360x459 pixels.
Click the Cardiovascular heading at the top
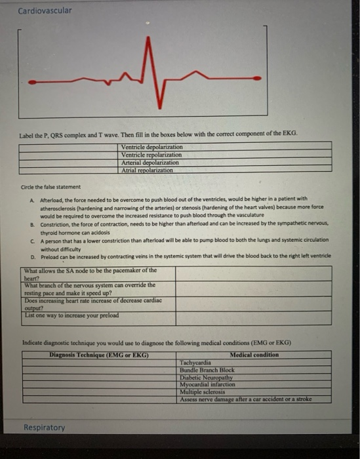coord(45,10)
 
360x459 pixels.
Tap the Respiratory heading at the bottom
coord(44,427)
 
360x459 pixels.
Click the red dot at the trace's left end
coord(32,82)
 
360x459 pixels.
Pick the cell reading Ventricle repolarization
coord(151,154)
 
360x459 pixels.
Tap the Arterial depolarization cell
coord(150,162)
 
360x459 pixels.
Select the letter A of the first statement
coord(32,198)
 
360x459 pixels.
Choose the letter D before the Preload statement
coord(32,255)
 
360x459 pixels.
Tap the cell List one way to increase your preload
coord(71,315)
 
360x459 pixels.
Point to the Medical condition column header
coord(254,355)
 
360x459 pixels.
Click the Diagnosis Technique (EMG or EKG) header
coord(98,355)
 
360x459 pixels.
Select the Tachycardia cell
coord(195,362)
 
